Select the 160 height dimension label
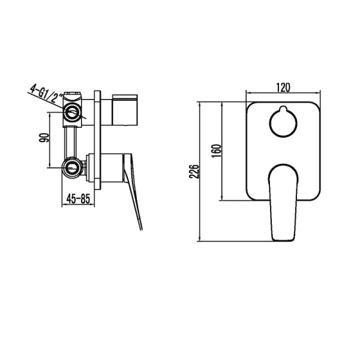click(x=217, y=150)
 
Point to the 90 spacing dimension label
click(x=43, y=138)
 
